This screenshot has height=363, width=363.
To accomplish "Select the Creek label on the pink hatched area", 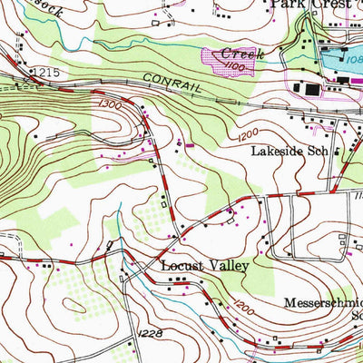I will [x=242, y=54].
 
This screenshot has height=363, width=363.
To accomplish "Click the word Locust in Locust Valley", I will [x=182, y=268].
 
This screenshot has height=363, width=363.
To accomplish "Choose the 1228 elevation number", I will [x=152, y=335].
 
